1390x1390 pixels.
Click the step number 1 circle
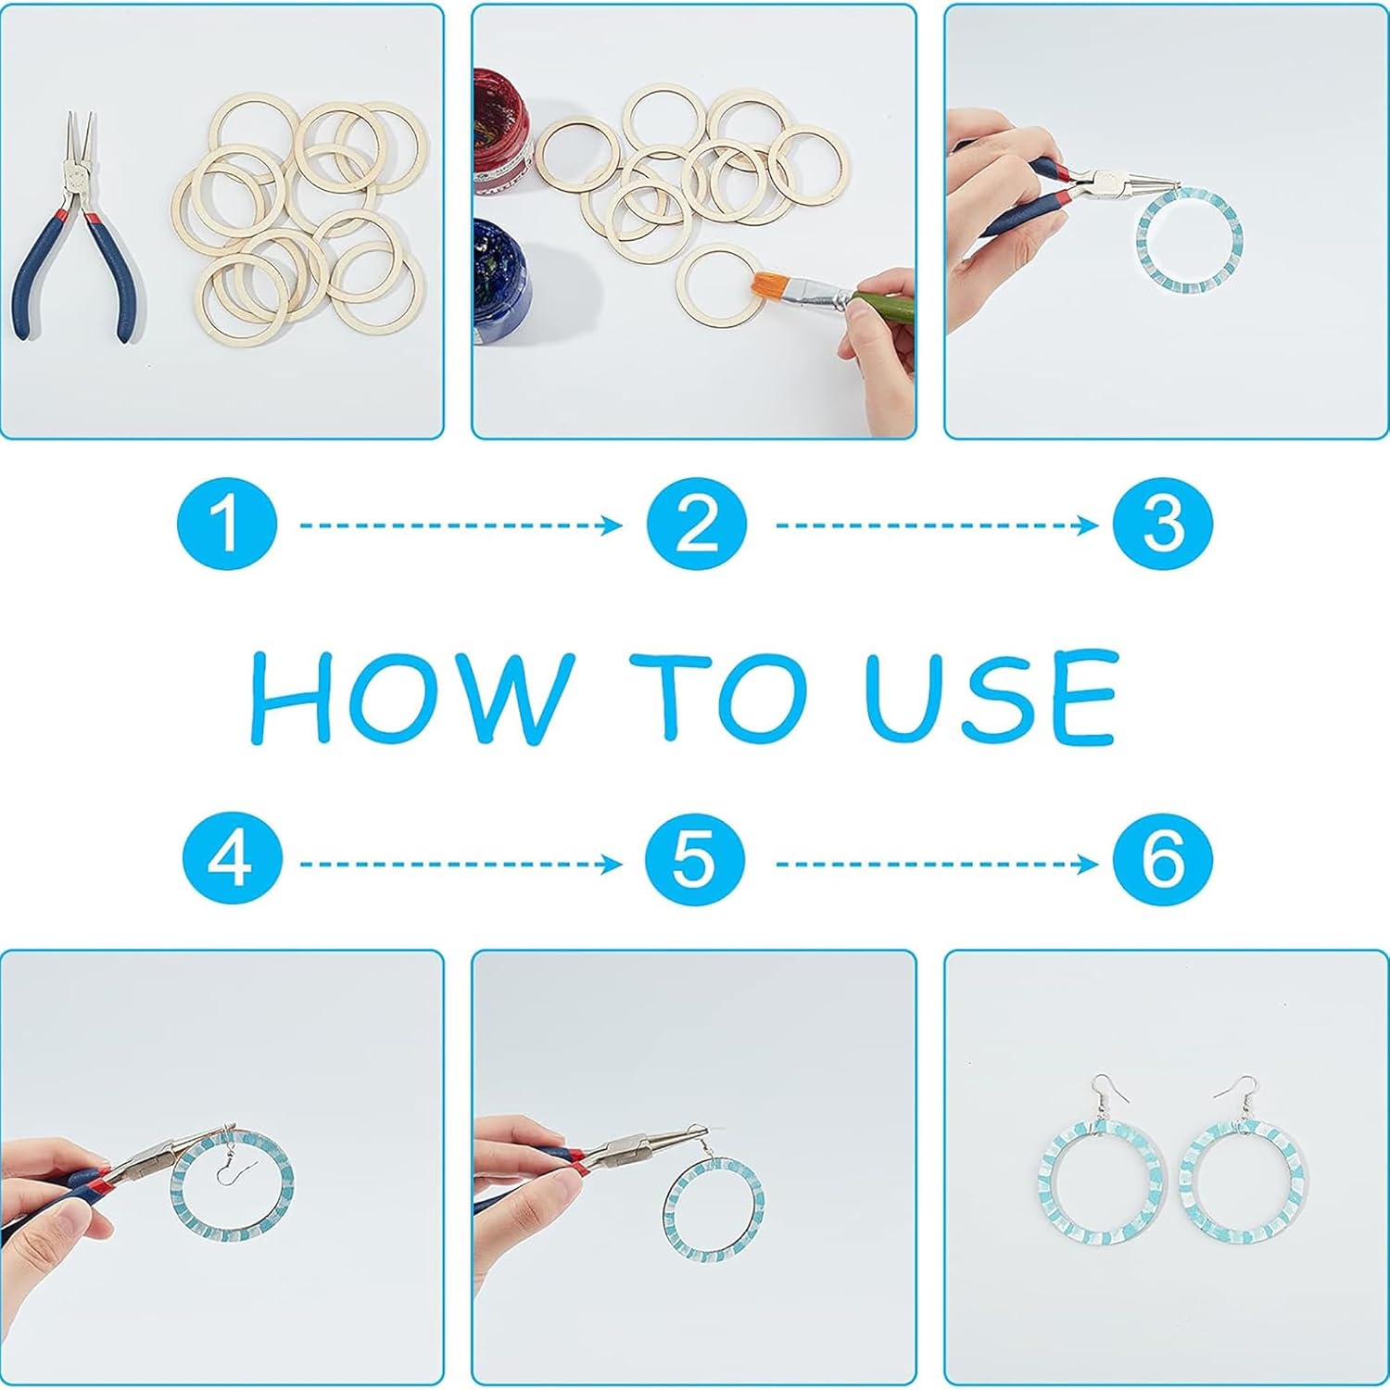pyautogui.click(x=227, y=524)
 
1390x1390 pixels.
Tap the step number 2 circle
pyautogui.click(x=697, y=524)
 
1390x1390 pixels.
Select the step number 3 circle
pyautogui.click(x=1163, y=524)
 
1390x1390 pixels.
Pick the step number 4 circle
pyautogui.click(x=231, y=862)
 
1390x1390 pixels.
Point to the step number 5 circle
pyautogui.click(x=696, y=862)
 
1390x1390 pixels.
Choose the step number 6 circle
pyautogui.click(x=1163, y=862)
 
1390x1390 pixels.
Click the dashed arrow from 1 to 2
pyautogui.click(x=461, y=525)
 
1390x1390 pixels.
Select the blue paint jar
pyautogui.click(x=501, y=273)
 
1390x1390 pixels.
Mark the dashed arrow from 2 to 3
pyautogui.click(x=936, y=525)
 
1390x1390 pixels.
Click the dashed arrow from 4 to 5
pyautogui.click(x=461, y=865)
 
